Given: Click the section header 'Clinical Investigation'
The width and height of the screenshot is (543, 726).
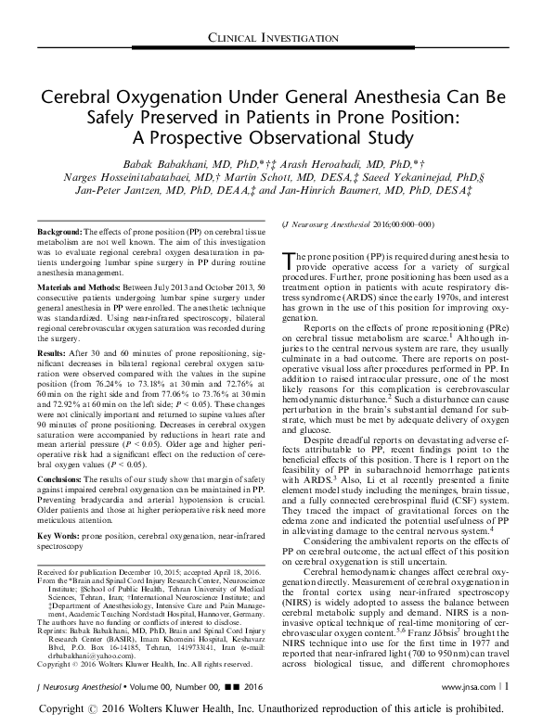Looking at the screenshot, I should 272,36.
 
